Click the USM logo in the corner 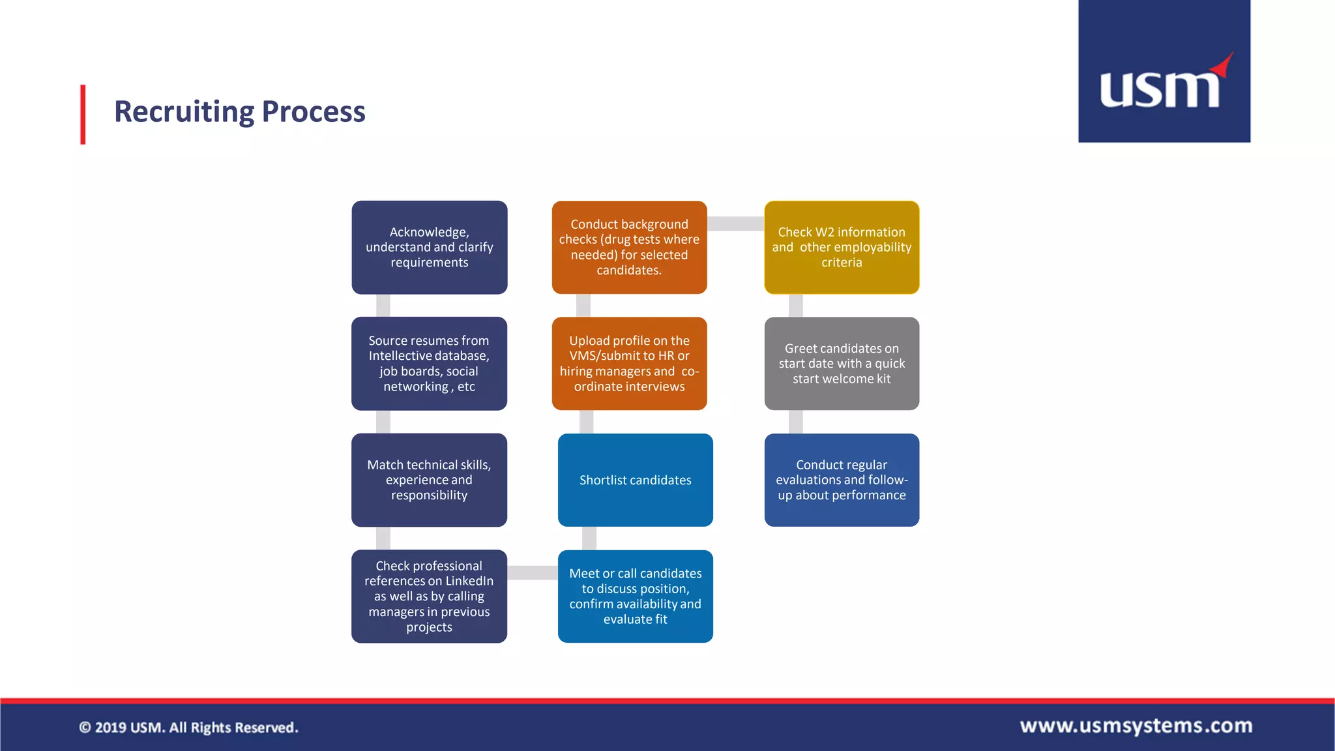point(1164,72)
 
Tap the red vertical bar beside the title point(83,114)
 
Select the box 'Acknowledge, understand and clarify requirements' point(429,247)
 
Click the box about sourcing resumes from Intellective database point(429,363)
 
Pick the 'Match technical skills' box point(429,480)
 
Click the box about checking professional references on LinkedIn point(429,596)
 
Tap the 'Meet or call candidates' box point(635,596)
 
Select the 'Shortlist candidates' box point(635,480)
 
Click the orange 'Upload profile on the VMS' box point(629,363)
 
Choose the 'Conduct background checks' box point(629,247)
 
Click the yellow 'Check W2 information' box point(842,247)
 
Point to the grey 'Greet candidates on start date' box point(842,363)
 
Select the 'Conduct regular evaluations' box point(842,480)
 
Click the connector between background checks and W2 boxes point(735,224)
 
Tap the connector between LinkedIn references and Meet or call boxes point(532,572)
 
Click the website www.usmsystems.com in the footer point(1136,726)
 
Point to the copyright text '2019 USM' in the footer point(188,728)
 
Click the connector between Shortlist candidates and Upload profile point(587,422)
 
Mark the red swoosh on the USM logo point(1223,65)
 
